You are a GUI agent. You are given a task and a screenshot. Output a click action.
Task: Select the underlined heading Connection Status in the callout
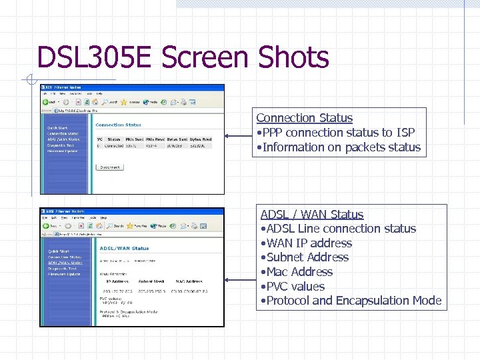(x=304, y=118)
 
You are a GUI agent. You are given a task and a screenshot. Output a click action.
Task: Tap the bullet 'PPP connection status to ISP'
(x=337, y=133)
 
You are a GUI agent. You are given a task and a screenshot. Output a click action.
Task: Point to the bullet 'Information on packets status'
(x=341, y=147)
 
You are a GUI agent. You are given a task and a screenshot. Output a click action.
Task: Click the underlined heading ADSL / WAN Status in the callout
(x=311, y=215)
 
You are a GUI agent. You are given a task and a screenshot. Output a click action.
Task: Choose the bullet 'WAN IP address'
(x=308, y=243)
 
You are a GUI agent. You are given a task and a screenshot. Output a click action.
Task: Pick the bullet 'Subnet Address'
(x=306, y=257)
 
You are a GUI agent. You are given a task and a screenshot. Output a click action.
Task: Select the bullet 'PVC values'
(x=294, y=287)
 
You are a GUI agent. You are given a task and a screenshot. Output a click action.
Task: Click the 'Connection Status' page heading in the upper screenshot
(x=119, y=125)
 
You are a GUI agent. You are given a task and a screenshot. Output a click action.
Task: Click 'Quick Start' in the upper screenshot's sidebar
(x=57, y=128)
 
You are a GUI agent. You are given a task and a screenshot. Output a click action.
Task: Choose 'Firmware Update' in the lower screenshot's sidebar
(x=64, y=274)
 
